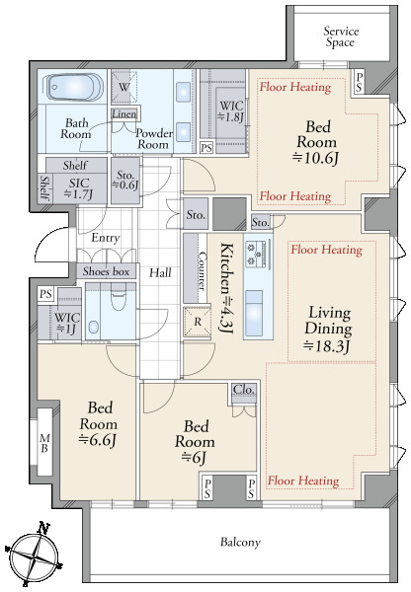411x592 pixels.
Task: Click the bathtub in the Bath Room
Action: point(73,87)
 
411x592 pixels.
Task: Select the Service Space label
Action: point(340,37)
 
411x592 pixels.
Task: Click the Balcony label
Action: point(240,542)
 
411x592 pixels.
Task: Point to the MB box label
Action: point(44,443)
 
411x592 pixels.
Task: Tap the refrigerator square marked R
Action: point(197,322)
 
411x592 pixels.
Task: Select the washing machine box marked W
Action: point(124,87)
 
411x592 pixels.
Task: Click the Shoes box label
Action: point(106,271)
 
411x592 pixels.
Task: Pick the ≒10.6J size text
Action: point(316,158)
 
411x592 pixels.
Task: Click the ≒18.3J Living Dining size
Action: point(327,345)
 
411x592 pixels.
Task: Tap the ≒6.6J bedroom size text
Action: point(97,440)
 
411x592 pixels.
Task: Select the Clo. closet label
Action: point(244,389)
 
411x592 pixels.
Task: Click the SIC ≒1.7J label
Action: point(79,188)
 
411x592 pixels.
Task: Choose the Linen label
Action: point(124,113)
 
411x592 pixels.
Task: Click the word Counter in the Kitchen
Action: point(202,271)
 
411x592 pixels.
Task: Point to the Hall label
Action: point(160,272)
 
